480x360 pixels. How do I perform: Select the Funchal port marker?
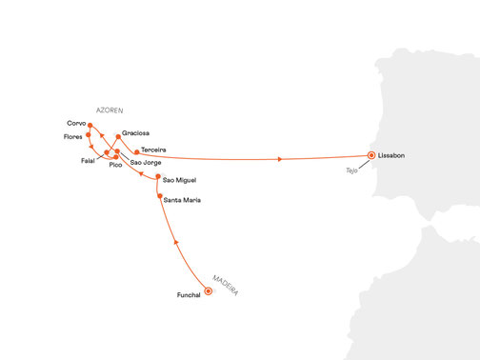point(209,291)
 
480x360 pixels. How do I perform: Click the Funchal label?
point(189,295)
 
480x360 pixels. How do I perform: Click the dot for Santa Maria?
point(159,197)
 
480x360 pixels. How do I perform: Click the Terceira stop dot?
point(136,151)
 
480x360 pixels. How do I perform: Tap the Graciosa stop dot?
point(117,136)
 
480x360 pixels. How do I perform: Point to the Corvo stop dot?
point(90,125)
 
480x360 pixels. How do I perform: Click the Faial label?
point(90,163)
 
